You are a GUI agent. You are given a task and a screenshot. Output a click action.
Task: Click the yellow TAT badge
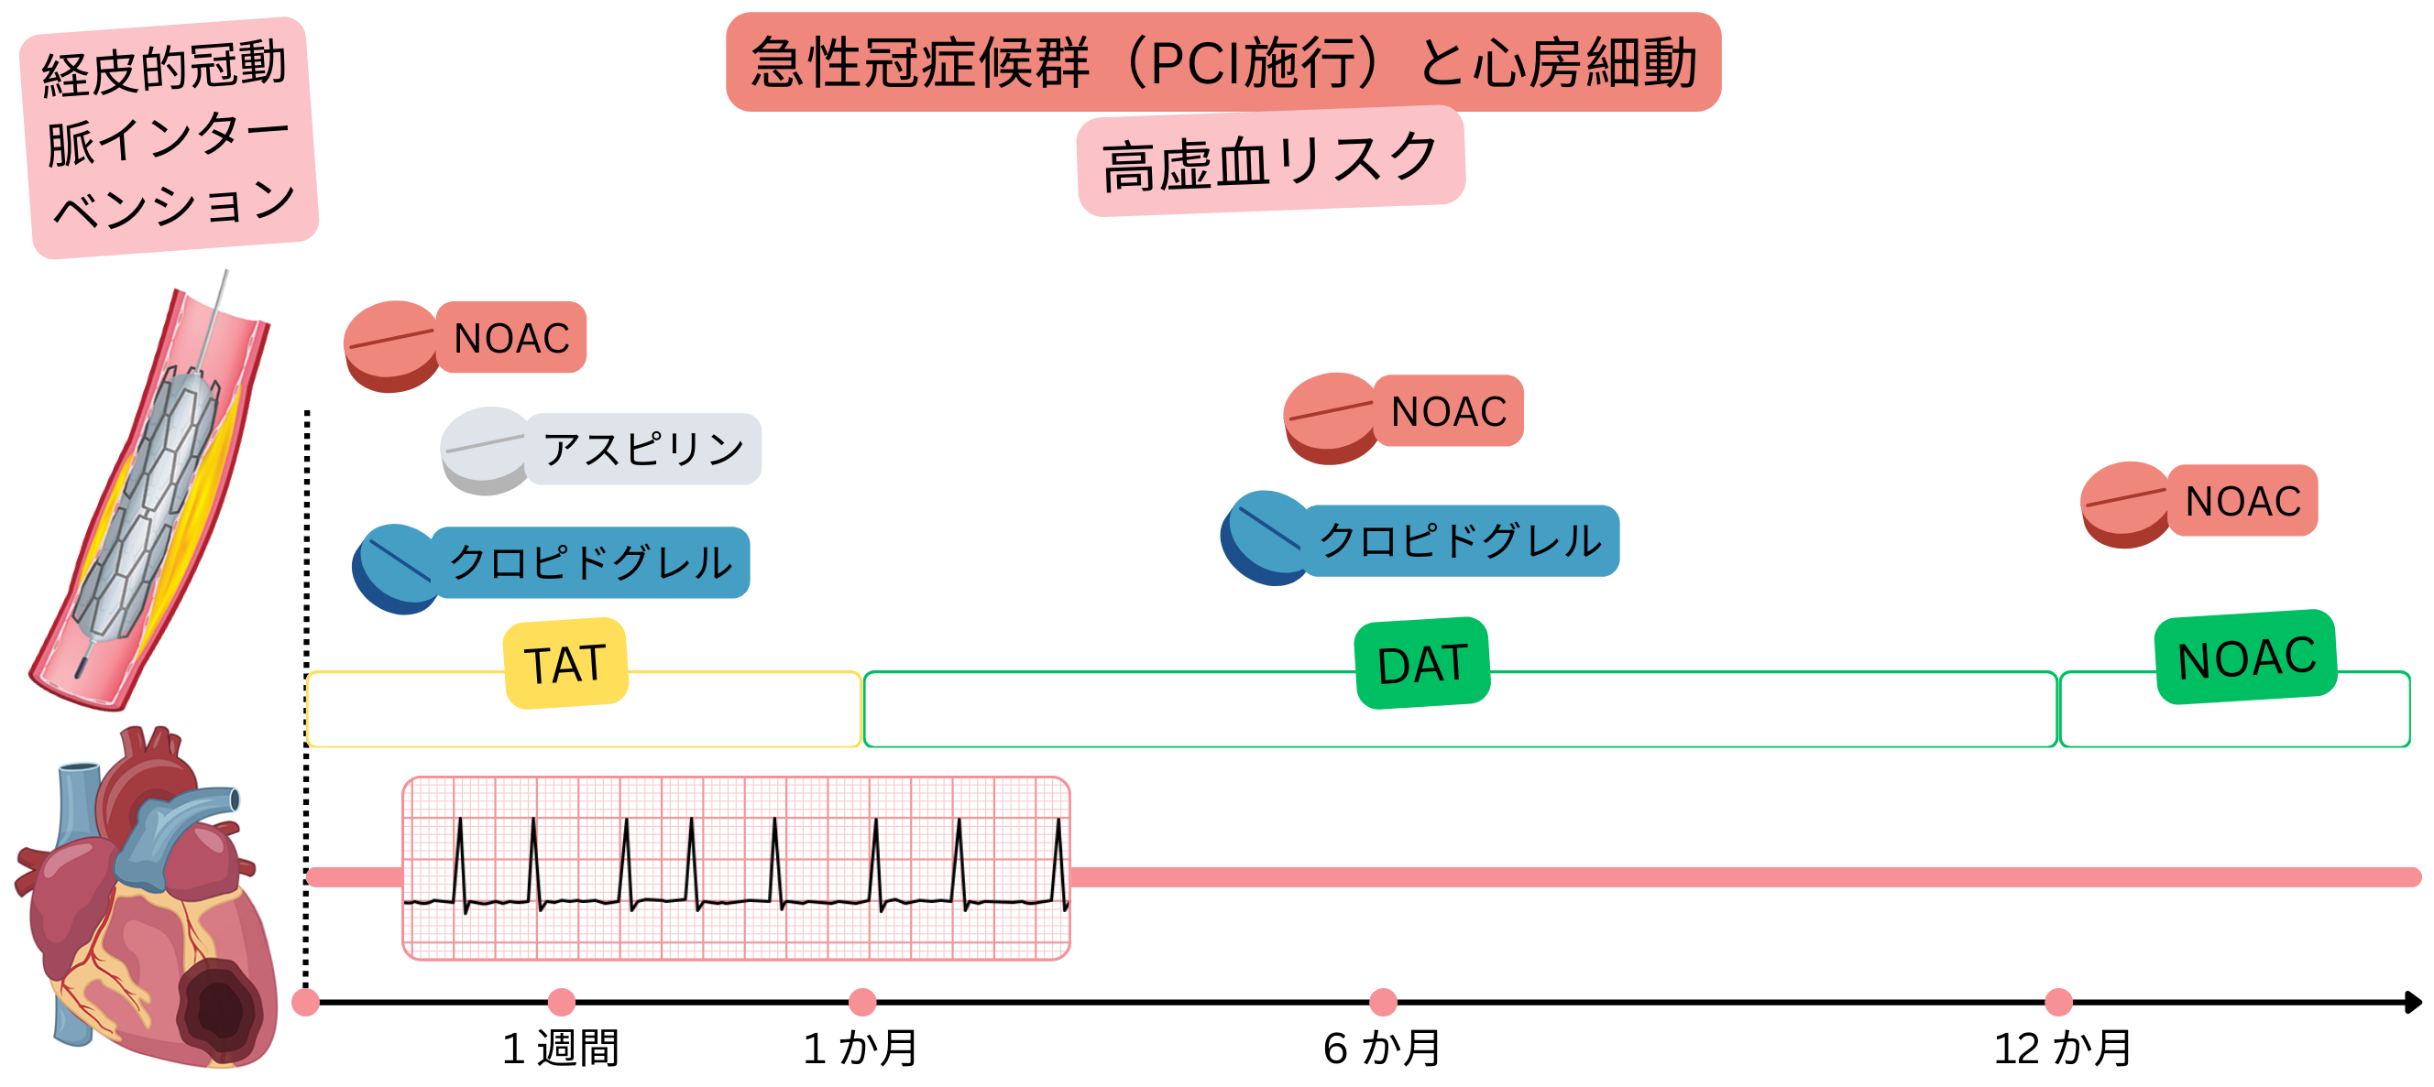point(566,663)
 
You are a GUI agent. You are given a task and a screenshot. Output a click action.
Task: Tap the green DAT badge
point(1421,663)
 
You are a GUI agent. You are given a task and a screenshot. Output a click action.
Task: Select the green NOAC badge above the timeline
point(2245,658)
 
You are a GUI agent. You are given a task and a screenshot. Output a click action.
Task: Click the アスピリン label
point(642,449)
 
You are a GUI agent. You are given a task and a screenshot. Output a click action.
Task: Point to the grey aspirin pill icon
point(484,450)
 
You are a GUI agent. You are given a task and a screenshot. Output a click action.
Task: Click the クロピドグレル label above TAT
point(590,562)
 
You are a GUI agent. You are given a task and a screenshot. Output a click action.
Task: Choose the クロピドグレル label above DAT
point(1461,540)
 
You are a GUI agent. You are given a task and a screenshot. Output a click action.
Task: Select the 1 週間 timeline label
point(560,1049)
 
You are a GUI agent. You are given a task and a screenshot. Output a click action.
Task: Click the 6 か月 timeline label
point(1381,1049)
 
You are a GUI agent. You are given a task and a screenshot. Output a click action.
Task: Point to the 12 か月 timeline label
point(2062,1049)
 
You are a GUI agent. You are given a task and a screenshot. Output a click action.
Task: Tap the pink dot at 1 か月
point(861,1001)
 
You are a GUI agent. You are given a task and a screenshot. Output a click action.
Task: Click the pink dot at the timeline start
point(305,1002)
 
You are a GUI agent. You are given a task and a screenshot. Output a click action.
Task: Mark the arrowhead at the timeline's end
point(2412,1001)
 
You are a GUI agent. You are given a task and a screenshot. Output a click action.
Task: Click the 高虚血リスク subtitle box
point(1270,160)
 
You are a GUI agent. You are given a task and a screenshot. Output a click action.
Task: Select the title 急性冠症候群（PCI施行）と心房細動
point(1222,62)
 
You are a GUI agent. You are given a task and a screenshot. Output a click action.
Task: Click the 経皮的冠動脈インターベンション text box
point(169,137)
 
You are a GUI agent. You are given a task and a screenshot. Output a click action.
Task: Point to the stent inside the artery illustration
point(151,510)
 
